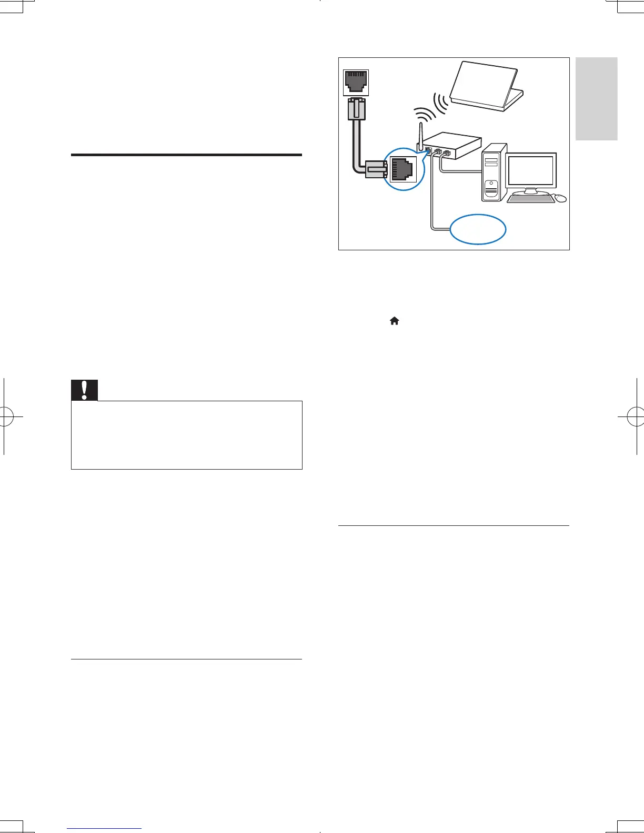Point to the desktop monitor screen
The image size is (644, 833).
[530, 170]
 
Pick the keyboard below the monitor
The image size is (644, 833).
[530, 198]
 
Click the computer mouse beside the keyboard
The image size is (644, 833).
[561, 198]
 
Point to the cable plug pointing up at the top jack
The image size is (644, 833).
[356, 110]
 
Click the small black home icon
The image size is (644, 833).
[394, 321]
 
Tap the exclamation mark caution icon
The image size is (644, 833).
[84, 389]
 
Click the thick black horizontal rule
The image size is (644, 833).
[186, 155]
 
